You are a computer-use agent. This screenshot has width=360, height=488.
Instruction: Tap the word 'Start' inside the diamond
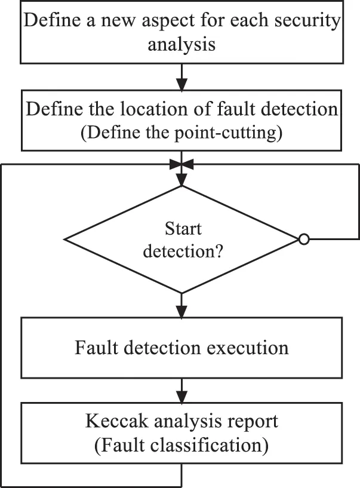click(x=182, y=229)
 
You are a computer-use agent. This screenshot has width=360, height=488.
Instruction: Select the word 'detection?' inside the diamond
click(x=182, y=251)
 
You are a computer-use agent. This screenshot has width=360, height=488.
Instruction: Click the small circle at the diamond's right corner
click(x=303, y=240)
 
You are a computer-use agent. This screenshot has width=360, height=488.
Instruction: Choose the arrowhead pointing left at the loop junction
click(x=186, y=163)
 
